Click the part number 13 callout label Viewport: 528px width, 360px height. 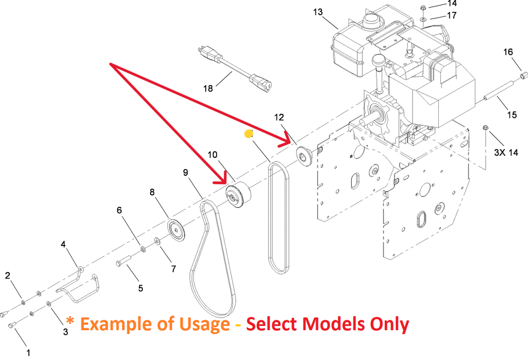coord(317,11)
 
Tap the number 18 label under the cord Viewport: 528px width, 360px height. coord(208,88)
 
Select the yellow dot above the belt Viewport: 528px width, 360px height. coord(249,134)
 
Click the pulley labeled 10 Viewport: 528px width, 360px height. coord(238,196)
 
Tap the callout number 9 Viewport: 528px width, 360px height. coord(186,173)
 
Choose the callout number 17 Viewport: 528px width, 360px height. coord(452,15)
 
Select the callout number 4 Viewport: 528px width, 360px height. coord(63,244)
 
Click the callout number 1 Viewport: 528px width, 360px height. coord(28,353)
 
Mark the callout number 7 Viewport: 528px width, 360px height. coord(173,269)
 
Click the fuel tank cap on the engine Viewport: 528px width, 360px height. coord(370,21)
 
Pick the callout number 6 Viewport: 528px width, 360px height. coord(119,210)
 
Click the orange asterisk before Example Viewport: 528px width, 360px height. coord(71,322)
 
